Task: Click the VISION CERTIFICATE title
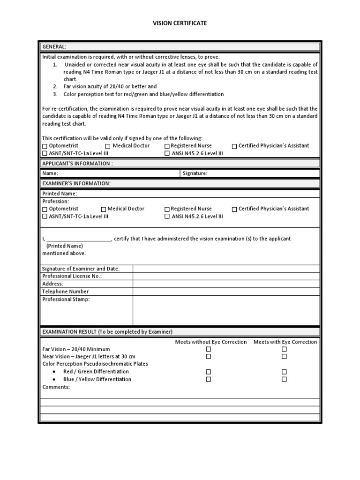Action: [x=180, y=23]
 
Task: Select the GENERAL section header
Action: [x=54, y=47]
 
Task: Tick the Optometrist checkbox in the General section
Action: [x=45, y=146]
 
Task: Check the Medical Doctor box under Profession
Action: [x=104, y=209]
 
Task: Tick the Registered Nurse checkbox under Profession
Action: [x=167, y=209]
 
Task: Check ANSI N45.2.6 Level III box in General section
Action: [x=167, y=153]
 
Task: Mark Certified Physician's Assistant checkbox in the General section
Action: [x=234, y=146]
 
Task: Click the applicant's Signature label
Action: [x=195, y=173]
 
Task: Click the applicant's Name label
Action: [x=50, y=173]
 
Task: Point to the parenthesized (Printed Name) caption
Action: [x=64, y=246]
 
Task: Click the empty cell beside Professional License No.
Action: [x=226, y=277]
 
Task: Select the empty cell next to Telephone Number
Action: [x=226, y=292]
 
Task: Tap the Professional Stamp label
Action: [x=66, y=300]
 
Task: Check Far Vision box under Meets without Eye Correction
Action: [x=209, y=349]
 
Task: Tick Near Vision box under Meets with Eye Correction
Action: [x=284, y=357]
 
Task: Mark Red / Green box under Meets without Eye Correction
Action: [x=209, y=372]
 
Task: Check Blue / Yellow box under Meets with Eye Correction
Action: [x=284, y=379]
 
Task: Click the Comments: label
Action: [x=56, y=387]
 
